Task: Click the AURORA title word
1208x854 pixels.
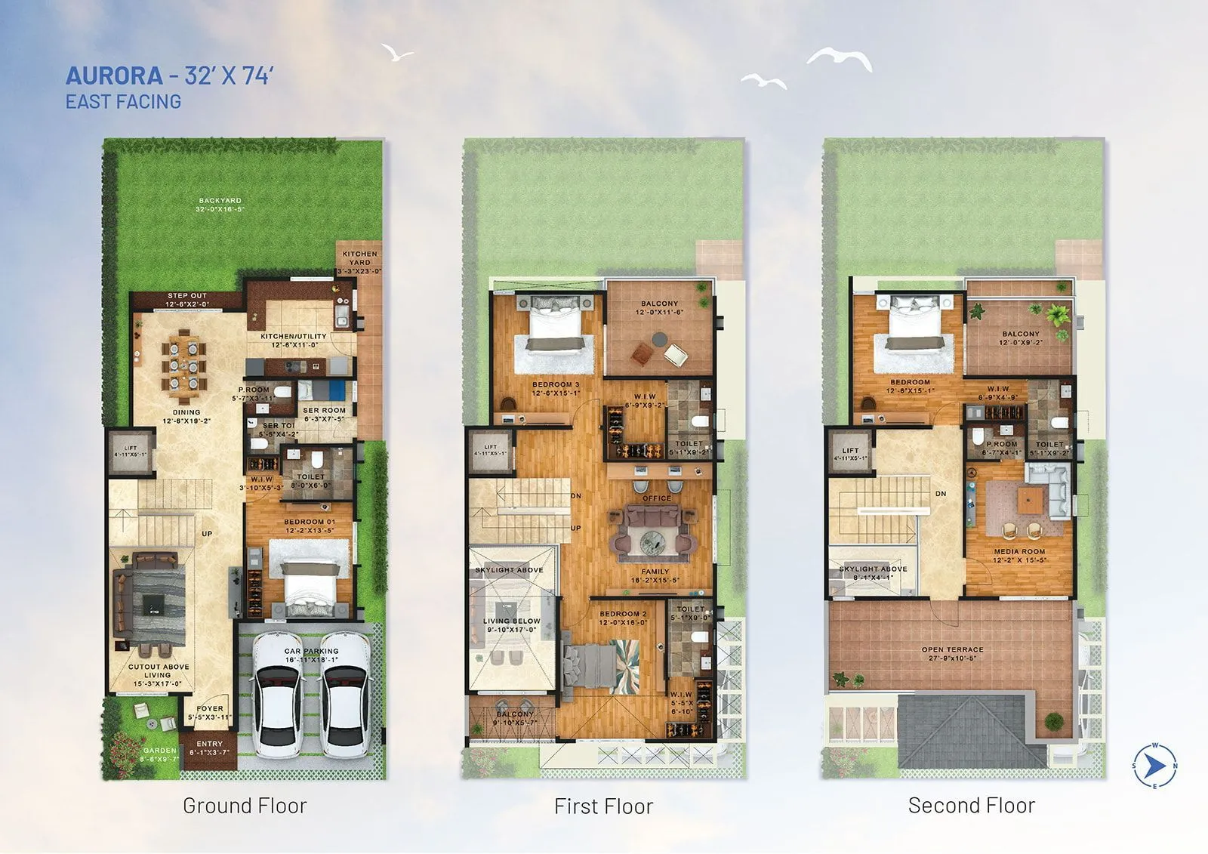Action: click(114, 76)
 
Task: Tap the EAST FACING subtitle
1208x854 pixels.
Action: click(123, 102)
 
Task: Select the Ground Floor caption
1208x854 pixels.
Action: click(245, 806)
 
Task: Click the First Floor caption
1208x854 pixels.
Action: click(603, 806)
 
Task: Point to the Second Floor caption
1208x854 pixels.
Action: click(971, 806)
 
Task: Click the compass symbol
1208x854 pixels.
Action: click(1154, 766)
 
